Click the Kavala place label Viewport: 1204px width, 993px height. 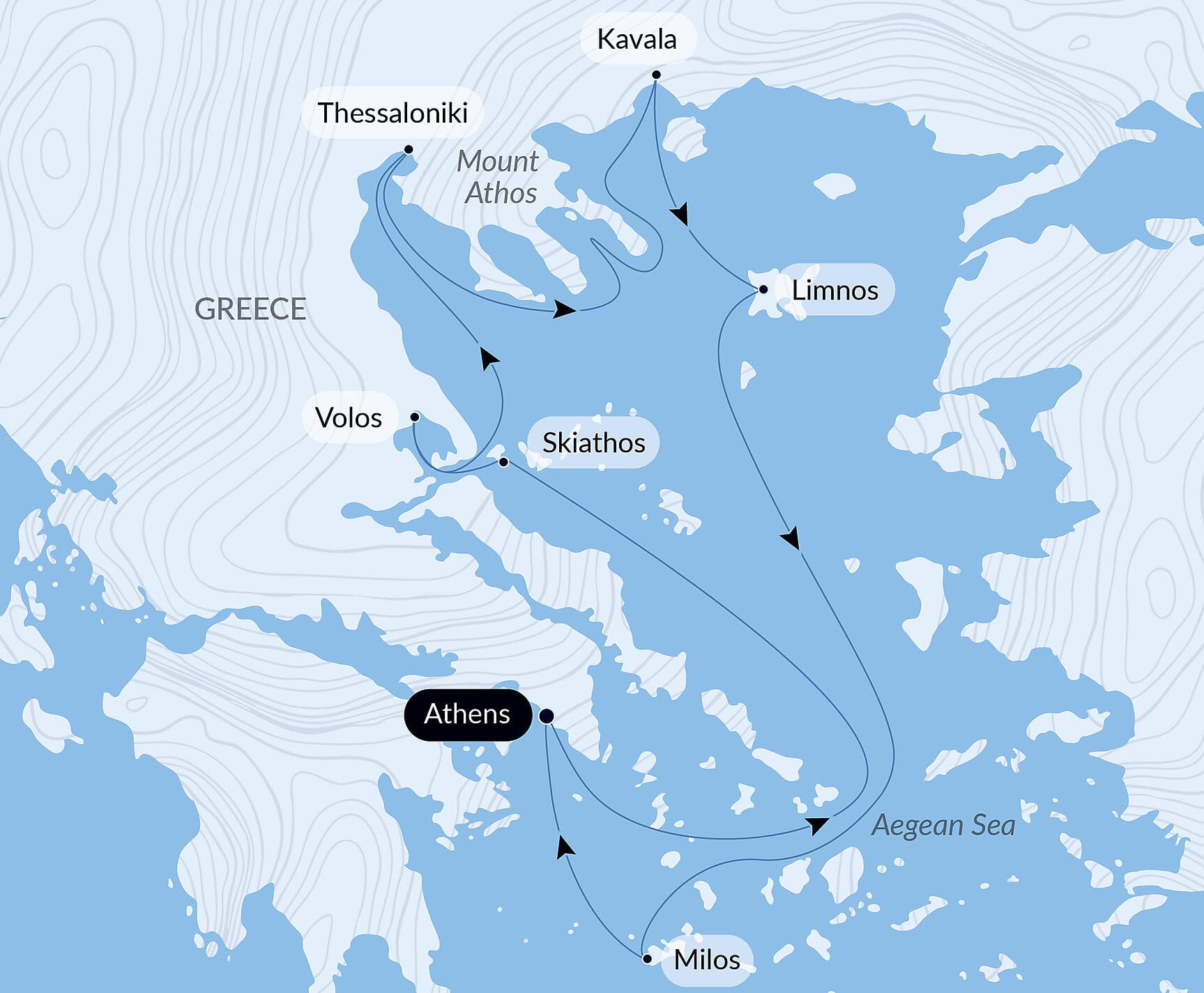pyautogui.click(x=637, y=40)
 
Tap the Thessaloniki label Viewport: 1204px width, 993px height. pyautogui.click(x=393, y=113)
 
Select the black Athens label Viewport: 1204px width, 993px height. pyautogui.click(x=467, y=714)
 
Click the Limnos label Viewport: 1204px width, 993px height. pyautogui.click(x=835, y=290)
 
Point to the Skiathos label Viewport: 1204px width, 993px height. pyautogui.click(x=593, y=443)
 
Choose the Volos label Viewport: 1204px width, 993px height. pyautogui.click(x=349, y=418)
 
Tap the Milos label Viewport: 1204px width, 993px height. pyautogui.click(x=706, y=960)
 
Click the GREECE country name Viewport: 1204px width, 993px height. pyautogui.click(x=250, y=309)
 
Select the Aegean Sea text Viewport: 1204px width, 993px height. pyautogui.click(x=943, y=825)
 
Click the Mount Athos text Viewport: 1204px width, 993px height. pyautogui.click(x=498, y=177)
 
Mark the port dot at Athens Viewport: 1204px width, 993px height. pyautogui.click(x=547, y=716)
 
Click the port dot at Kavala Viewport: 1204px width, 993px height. pyautogui.click(x=656, y=75)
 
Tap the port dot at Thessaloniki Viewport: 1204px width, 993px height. pyautogui.click(x=409, y=149)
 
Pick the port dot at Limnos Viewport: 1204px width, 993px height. pyautogui.click(x=763, y=289)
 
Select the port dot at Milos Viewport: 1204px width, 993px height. pyautogui.click(x=647, y=959)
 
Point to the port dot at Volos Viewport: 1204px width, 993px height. pyautogui.click(x=415, y=417)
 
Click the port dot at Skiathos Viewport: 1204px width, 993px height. pyautogui.click(x=503, y=462)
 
